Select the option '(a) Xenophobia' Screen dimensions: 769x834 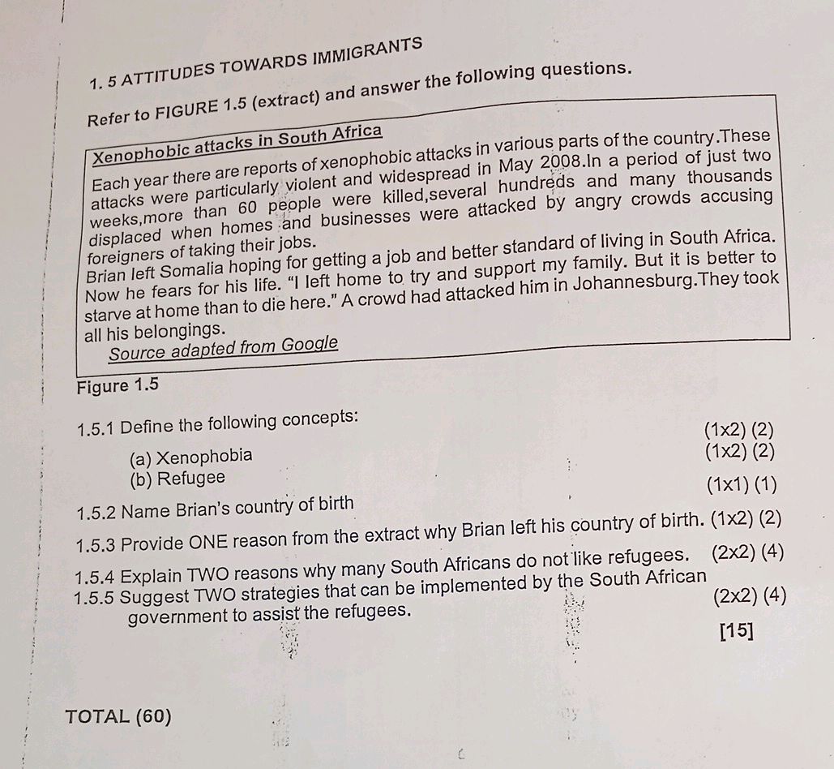(x=190, y=456)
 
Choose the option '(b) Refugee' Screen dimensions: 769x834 (x=177, y=478)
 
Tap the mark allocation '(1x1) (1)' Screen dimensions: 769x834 (x=741, y=485)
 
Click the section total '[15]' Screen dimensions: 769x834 (x=735, y=631)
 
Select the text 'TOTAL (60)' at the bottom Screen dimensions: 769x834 (x=119, y=716)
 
